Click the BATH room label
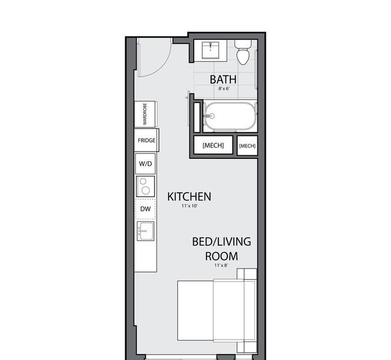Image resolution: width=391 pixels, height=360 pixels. [223, 79]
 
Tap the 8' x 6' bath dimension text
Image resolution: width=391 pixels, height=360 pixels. [224, 88]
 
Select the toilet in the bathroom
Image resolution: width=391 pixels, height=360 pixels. [243, 52]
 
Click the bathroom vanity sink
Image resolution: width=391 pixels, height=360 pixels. [211, 50]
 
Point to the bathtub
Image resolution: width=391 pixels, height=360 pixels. [230, 116]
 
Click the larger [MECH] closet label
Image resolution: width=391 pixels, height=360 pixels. [213, 145]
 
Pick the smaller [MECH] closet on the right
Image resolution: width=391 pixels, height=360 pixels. [247, 146]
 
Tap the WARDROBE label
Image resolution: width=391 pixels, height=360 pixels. [145, 114]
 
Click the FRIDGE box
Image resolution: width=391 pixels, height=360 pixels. [147, 140]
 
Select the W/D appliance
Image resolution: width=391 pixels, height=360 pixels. [146, 164]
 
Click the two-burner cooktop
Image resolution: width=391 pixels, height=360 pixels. [146, 187]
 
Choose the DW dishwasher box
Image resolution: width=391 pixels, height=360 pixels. [146, 209]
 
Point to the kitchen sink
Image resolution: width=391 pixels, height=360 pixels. [146, 231]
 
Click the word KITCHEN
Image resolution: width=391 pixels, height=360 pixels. [189, 197]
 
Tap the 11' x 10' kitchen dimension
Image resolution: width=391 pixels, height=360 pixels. [189, 206]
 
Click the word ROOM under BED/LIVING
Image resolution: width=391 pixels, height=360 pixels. [221, 256]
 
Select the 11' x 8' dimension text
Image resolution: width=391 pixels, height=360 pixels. [221, 265]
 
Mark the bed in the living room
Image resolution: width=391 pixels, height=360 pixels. [217, 311]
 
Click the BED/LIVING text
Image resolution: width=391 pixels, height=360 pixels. [221, 241]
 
